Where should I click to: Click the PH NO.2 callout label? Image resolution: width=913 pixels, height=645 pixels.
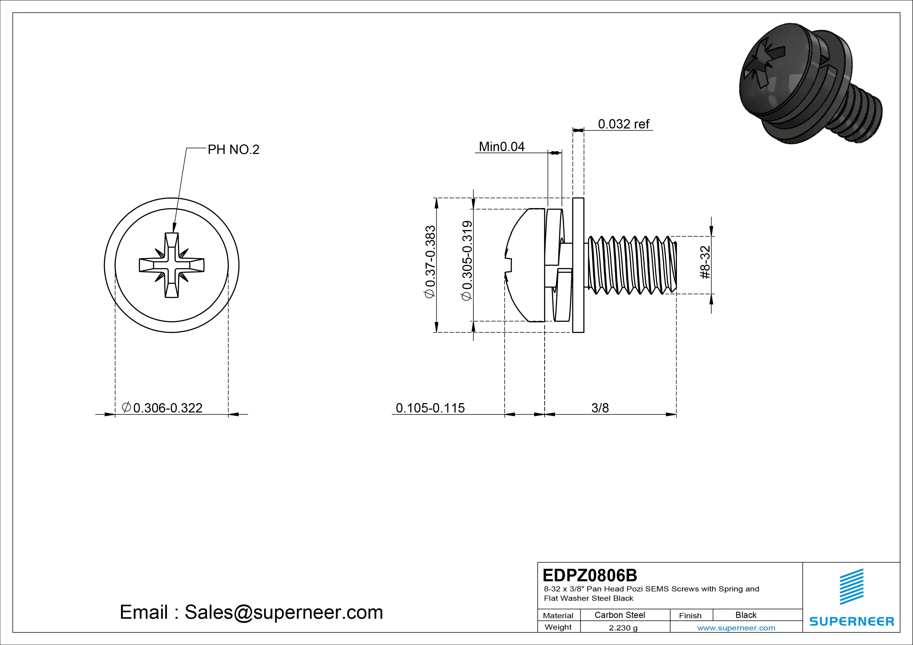[x=233, y=150]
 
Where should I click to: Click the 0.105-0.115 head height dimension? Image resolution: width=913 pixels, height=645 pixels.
[x=430, y=408]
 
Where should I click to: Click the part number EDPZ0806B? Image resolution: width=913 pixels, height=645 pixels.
[x=590, y=575]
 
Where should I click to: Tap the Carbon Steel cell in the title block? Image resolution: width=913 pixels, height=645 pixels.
[x=619, y=615]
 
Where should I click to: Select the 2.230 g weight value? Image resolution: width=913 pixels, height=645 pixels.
[x=623, y=628]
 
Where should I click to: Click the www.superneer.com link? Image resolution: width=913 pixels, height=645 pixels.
[x=736, y=628]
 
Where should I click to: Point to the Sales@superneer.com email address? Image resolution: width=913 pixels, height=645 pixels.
[x=283, y=612]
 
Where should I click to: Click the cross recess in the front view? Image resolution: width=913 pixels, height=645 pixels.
[x=172, y=265]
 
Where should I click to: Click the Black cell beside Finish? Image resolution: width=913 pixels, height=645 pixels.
[x=746, y=615]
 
